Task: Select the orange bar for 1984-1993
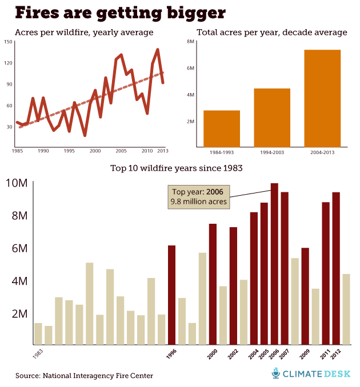click(222, 128)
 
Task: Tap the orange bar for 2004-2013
click(322, 98)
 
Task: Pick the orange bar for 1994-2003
click(272, 117)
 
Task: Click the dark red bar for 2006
click(274, 264)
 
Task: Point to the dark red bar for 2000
click(213, 284)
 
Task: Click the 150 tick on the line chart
click(8, 42)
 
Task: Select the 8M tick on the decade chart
click(190, 42)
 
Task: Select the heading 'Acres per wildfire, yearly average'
click(84, 32)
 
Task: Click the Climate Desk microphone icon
click(277, 374)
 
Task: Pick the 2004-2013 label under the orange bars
click(322, 152)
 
